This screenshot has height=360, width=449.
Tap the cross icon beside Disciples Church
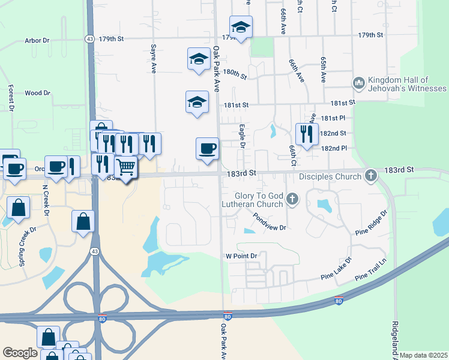click(371, 176)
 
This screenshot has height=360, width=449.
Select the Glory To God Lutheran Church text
click(259, 200)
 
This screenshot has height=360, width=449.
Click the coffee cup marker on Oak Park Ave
click(208, 149)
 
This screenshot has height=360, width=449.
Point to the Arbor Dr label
click(37, 41)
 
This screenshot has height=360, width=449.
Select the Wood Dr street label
click(37, 93)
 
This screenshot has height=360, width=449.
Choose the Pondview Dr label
click(269, 223)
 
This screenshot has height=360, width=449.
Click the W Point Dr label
click(241, 256)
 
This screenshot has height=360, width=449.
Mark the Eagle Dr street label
click(242, 136)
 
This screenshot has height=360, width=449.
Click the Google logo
click(20, 353)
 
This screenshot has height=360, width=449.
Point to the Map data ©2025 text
click(423, 355)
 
